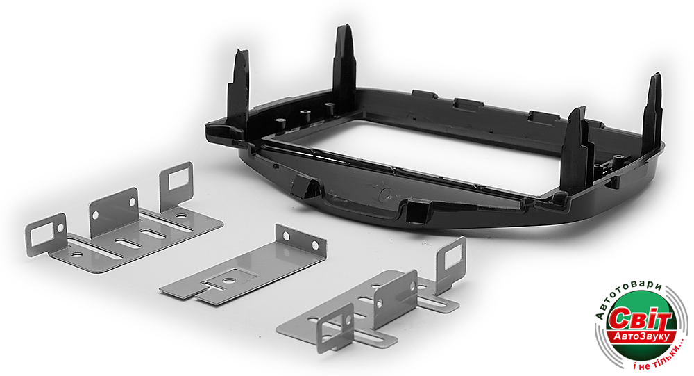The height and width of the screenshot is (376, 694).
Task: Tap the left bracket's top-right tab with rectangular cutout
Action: click(176, 186)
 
